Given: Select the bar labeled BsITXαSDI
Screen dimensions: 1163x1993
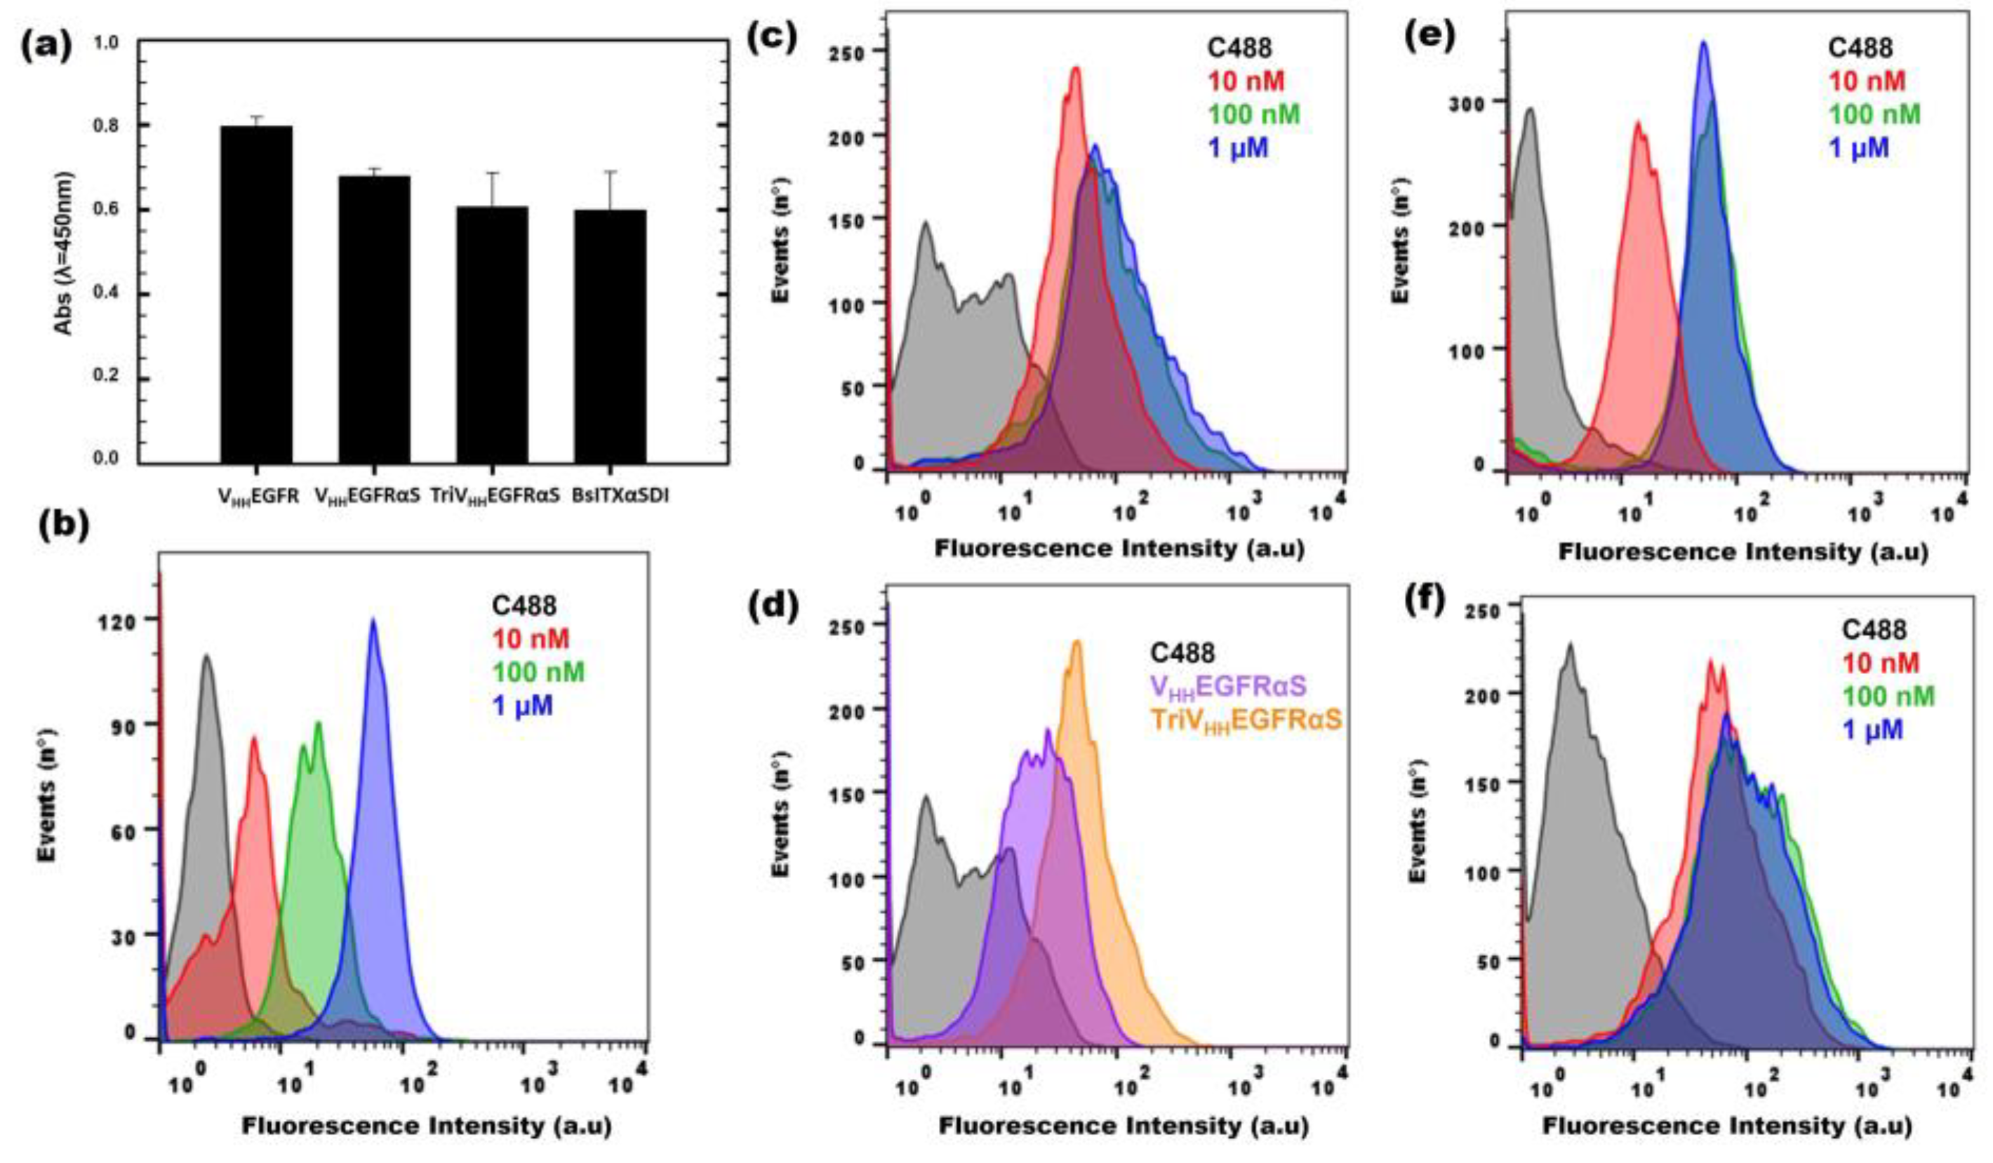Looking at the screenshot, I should point(610,336).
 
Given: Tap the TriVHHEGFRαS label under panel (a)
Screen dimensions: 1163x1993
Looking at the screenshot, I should point(495,497).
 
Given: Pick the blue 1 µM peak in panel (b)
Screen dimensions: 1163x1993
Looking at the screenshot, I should point(373,624).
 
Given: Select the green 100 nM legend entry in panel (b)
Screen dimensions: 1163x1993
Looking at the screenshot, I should point(538,672).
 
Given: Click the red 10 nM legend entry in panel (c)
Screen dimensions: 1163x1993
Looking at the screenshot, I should point(1246,81).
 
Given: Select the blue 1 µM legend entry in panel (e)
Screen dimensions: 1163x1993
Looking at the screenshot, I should point(1858,148).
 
